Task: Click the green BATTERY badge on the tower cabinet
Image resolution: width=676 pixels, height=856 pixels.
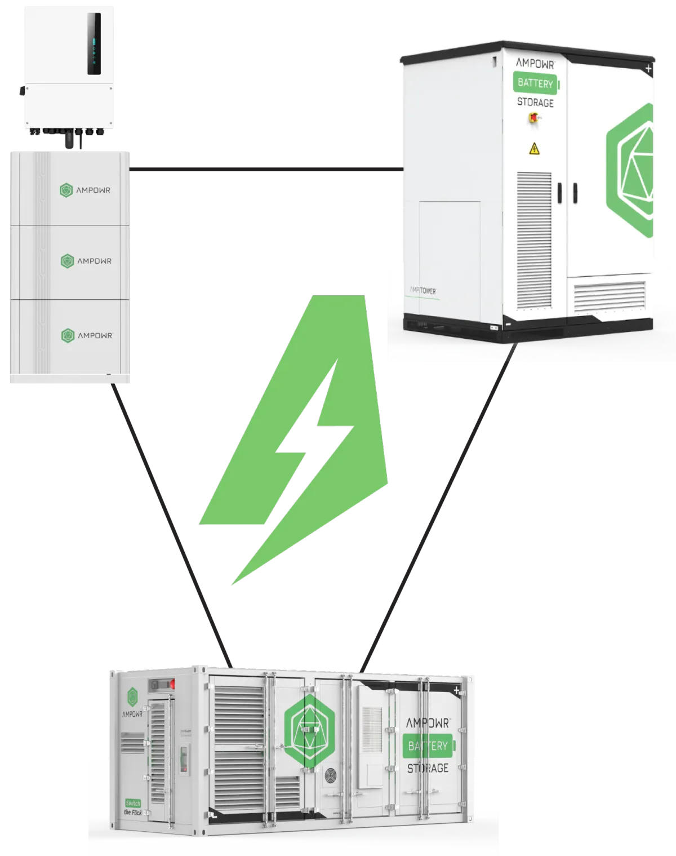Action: pyautogui.click(x=536, y=83)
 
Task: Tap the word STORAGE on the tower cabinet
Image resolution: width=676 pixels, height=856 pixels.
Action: pyautogui.click(x=535, y=103)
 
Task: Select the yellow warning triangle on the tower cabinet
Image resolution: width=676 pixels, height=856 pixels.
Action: pyautogui.click(x=534, y=149)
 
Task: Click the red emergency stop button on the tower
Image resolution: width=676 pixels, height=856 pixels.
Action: pyautogui.click(x=531, y=117)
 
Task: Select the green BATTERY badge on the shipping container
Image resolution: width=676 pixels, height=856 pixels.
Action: pyautogui.click(x=428, y=746)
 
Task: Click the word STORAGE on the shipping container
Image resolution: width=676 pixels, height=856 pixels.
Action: pyautogui.click(x=428, y=768)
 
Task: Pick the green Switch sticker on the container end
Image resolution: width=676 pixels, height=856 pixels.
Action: pyautogui.click(x=133, y=803)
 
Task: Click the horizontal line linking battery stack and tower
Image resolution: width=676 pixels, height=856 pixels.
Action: pyautogui.click(x=265, y=168)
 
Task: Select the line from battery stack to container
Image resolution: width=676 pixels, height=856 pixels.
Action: pyautogui.click(x=172, y=524)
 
